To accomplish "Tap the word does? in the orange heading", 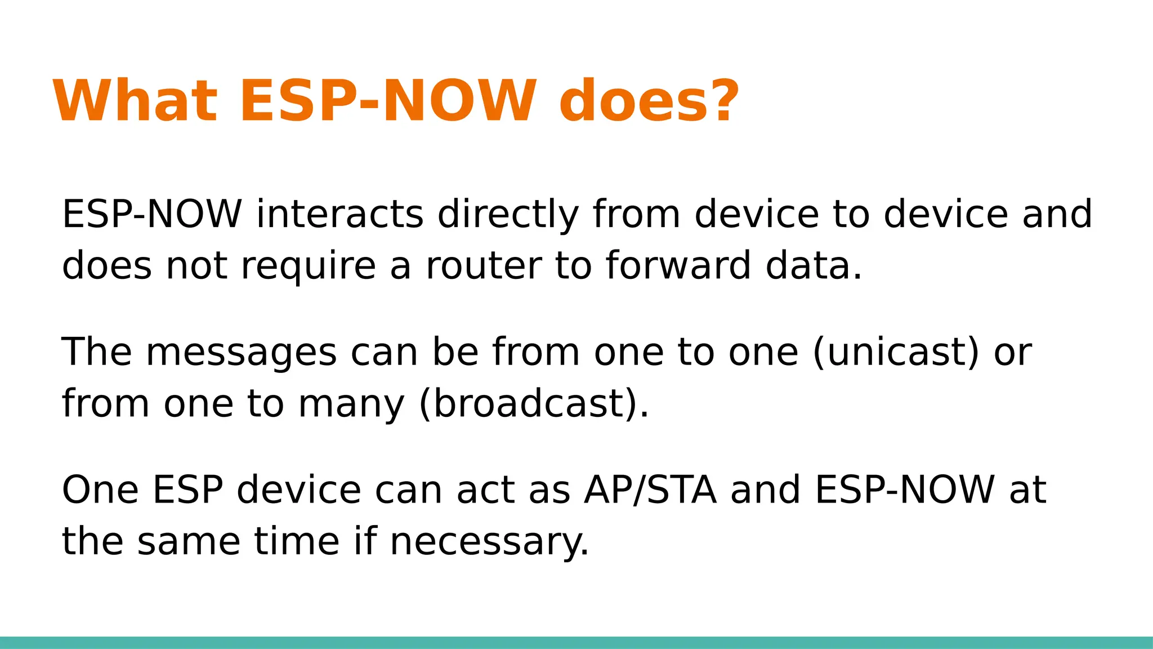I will [647, 101].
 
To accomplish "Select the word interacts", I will [339, 215].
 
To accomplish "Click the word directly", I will [508, 215].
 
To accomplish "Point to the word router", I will [483, 266].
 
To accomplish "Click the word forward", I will [678, 266].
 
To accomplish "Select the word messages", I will [241, 353].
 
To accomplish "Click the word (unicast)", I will [896, 353].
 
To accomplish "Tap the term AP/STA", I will [650, 490].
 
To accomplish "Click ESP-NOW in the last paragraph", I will [905, 490].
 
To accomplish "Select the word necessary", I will [489, 541].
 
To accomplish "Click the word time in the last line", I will [297, 541].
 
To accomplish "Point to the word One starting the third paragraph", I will [100, 490].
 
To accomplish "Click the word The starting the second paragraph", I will [96, 353].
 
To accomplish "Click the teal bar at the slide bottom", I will [576, 642].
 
